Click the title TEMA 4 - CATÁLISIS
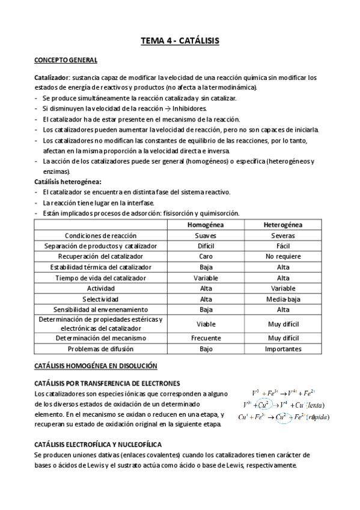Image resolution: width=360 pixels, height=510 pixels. [x=180, y=41]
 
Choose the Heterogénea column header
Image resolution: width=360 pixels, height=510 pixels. [x=283, y=224]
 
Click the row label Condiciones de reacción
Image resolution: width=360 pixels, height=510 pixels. [x=101, y=235]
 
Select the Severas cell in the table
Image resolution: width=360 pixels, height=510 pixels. [x=283, y=235]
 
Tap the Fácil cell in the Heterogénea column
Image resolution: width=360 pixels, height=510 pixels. [x=283, y=246]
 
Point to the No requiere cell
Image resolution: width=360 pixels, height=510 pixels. [x=283, y=256]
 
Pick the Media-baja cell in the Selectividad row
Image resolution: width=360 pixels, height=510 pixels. [x=283, y=299]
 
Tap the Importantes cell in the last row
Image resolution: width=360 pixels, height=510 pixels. [x=283, y=349]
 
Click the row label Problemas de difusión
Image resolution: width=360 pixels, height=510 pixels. [x=101, y=349]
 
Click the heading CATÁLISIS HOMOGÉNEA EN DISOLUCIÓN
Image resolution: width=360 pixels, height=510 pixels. [x=96, y=366]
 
